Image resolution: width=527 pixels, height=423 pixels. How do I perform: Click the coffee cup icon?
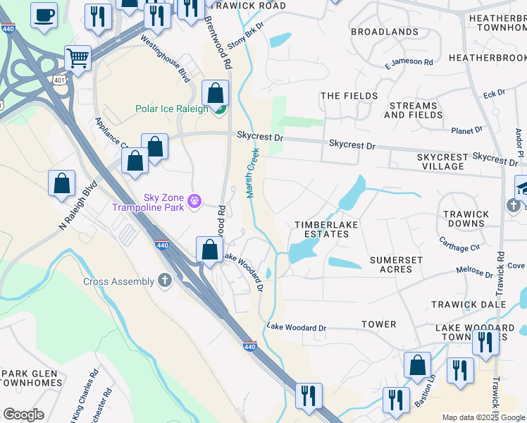[44, 15]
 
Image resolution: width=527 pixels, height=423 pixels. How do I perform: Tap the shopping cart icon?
[77, 58]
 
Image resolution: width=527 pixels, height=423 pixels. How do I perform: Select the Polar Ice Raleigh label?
[172, 109]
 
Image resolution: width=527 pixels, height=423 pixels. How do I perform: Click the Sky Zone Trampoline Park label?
[154, 203]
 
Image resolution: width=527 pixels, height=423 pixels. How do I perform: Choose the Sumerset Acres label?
[396, 264]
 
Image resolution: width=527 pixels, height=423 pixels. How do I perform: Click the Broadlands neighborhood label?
[384, 32]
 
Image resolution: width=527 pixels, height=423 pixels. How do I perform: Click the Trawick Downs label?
[466, 219]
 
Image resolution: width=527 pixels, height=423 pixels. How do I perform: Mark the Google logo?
[23, 415]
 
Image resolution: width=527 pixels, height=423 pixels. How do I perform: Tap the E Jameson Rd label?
[409, 63]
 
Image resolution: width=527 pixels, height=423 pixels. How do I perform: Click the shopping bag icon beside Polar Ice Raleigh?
[215, 92]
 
